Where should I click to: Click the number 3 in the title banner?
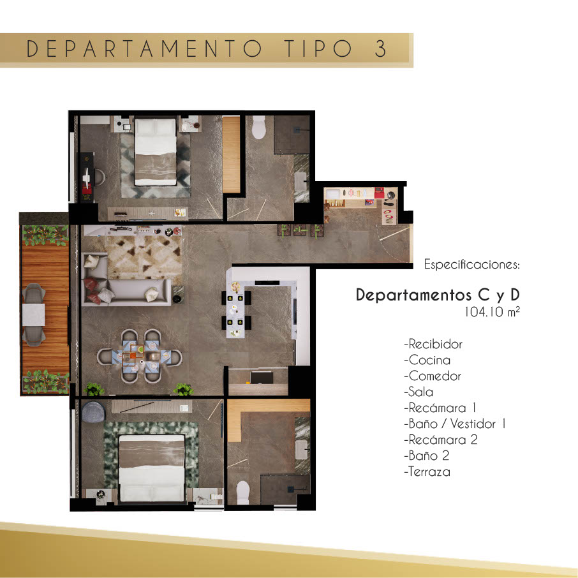(380, 48)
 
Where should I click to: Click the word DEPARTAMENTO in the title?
(144, 48)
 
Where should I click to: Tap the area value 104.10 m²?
(492, 312)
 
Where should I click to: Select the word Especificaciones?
(471, 264)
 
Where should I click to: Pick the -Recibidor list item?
(433, 344)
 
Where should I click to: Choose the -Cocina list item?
(427, 360)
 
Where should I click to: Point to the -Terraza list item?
(427, 471)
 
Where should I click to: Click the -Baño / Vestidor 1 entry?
(455, 424)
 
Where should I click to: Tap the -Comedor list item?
(433, 376)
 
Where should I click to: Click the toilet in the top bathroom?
(259, 127)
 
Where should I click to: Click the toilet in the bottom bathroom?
(243, 493)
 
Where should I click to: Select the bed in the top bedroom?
(156, 151)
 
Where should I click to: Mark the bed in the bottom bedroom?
(151, 468)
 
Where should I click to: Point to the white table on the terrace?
(34, 315)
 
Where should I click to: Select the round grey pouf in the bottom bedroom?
(93, 411)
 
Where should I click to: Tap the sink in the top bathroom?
(300, 181)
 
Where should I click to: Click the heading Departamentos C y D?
(438, 295)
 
